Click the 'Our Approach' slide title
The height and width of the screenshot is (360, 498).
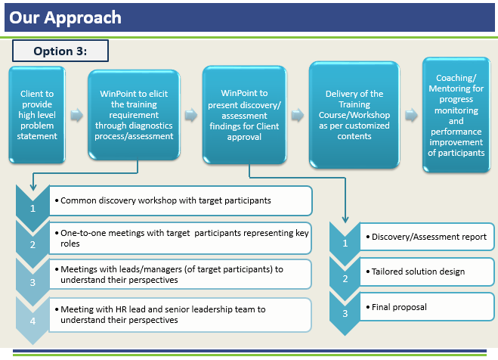(x=65, y=17)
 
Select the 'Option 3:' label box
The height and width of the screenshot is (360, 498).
(x=60, y=51)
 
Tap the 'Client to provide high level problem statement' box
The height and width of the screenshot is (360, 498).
(x=38, y=115)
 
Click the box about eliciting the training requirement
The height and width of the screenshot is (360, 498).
(x=134, y=115)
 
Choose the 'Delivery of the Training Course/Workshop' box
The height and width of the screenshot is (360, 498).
(x=354, y=115)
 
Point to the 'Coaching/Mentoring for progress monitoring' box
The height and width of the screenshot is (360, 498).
(x=456, y=115)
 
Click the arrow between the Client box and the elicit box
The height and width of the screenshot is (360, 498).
(x=76, y=116)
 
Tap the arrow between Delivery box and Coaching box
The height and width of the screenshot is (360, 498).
(x=411, y=116)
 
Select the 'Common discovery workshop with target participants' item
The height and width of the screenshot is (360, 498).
(x=181, y=200)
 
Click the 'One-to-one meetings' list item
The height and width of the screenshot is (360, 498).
(x=181, y=238)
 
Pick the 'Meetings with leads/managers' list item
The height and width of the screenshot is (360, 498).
(x=181, y=274)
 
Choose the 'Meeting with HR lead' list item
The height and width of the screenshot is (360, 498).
(x=181, y=315)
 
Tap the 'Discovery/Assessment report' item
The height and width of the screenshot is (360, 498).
(x=427, y=237)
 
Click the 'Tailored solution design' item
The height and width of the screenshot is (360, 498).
(x=427, y=272)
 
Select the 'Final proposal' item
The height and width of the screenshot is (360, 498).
(x=427, y=307)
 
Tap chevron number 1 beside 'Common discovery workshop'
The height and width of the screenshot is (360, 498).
(x=32, y=206)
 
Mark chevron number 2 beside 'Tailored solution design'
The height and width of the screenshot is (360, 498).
(x=345, y=278)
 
